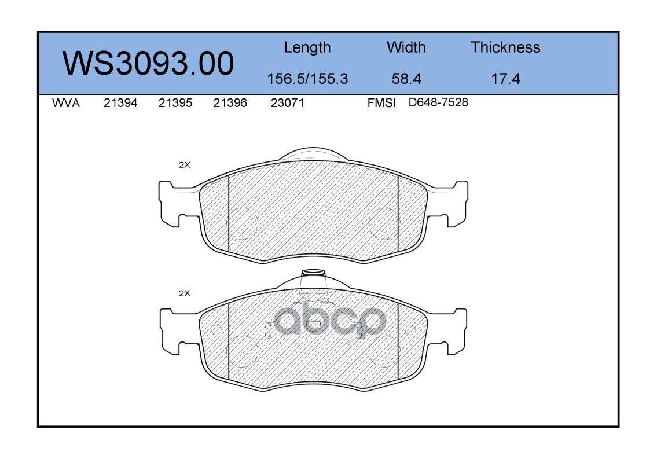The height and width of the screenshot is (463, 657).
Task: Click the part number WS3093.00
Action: pyautogui.click(x=148, y=63)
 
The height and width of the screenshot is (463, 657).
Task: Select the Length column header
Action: pyautogui.click(x=307, y=48)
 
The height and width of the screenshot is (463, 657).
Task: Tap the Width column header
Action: pyautogui.click(x=406, y=47)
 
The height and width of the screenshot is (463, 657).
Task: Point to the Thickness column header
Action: pyautogui.click(x=505, y=47)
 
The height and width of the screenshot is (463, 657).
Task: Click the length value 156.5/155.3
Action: pyautogui.click(x=307, y=79)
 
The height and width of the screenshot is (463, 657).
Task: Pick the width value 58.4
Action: pyautogui.click(x=406, y=79)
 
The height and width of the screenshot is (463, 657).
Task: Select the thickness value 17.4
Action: pyautogui.click(x=505, y=79)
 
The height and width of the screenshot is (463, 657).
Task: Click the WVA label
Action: pyautogui.click(x=66, y=103)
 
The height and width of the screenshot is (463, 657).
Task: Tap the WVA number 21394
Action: pyautogui.click(x=120, y=103)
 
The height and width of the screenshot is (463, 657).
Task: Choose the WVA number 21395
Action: pyautogui.click(x=175, y=103)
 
